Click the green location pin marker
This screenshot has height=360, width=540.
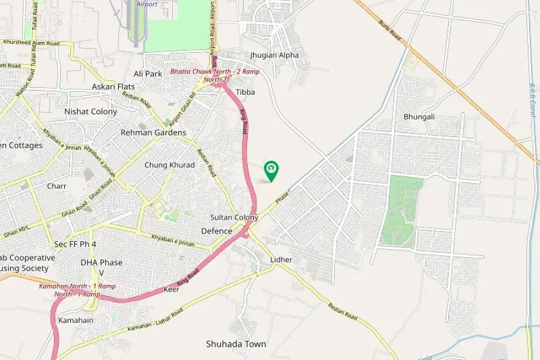(271, 170)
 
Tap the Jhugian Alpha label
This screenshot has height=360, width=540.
(274, 55)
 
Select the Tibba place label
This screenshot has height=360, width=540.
(245, 92)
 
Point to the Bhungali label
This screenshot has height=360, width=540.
(419, 116)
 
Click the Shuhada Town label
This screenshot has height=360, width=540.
(236, 344)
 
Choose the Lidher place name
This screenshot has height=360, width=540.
(281, 260)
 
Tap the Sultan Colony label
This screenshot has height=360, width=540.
(234, 217)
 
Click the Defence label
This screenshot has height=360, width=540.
(217, 231)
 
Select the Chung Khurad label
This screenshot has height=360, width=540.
(169, 165)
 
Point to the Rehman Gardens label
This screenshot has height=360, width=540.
(153, 133)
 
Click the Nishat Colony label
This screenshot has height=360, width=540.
(91, 112)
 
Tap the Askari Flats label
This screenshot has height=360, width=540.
(113, 87)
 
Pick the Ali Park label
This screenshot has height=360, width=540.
(148, 73)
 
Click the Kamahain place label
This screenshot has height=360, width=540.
(75, 320)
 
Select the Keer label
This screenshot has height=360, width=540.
(171, 290)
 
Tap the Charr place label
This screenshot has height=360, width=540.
(56, 186)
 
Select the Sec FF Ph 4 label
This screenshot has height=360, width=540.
(75, 244)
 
